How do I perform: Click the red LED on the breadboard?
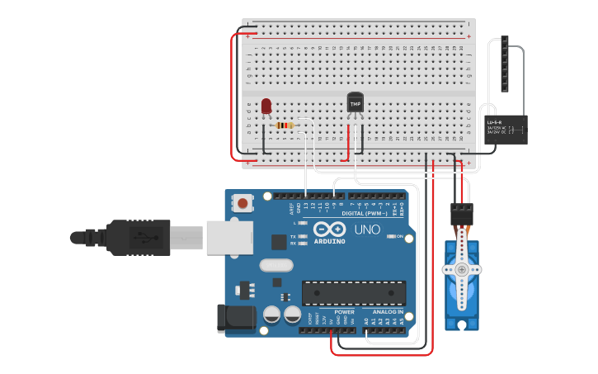pyautogui.click(x=266, y=107)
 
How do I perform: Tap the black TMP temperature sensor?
pyautogui.click(x=356, y=103)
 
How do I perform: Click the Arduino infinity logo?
pyautogui.click(x=328, y=230)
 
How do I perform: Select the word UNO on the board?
pyautogui.click(x=368, y=230)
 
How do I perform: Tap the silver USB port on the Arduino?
pyautogui.click(x=228, y=238)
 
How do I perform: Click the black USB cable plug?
pyautogui.click(x=136, y=238)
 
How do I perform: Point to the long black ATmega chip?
pyautogui.click(x=353, y=293)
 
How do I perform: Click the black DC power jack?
pyautogui.click(x=232, y=319)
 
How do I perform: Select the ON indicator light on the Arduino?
pyautogui.click(x=390, y=236)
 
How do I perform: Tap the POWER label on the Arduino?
pyautogui.click(x=344, y=312)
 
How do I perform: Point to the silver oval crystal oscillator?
pyautogui.click(x=275, y=266)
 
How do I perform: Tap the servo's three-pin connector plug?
pyautogui.click(x=461, y=213)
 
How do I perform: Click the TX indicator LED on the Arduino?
pyautogui.click(x=306, y=236)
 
